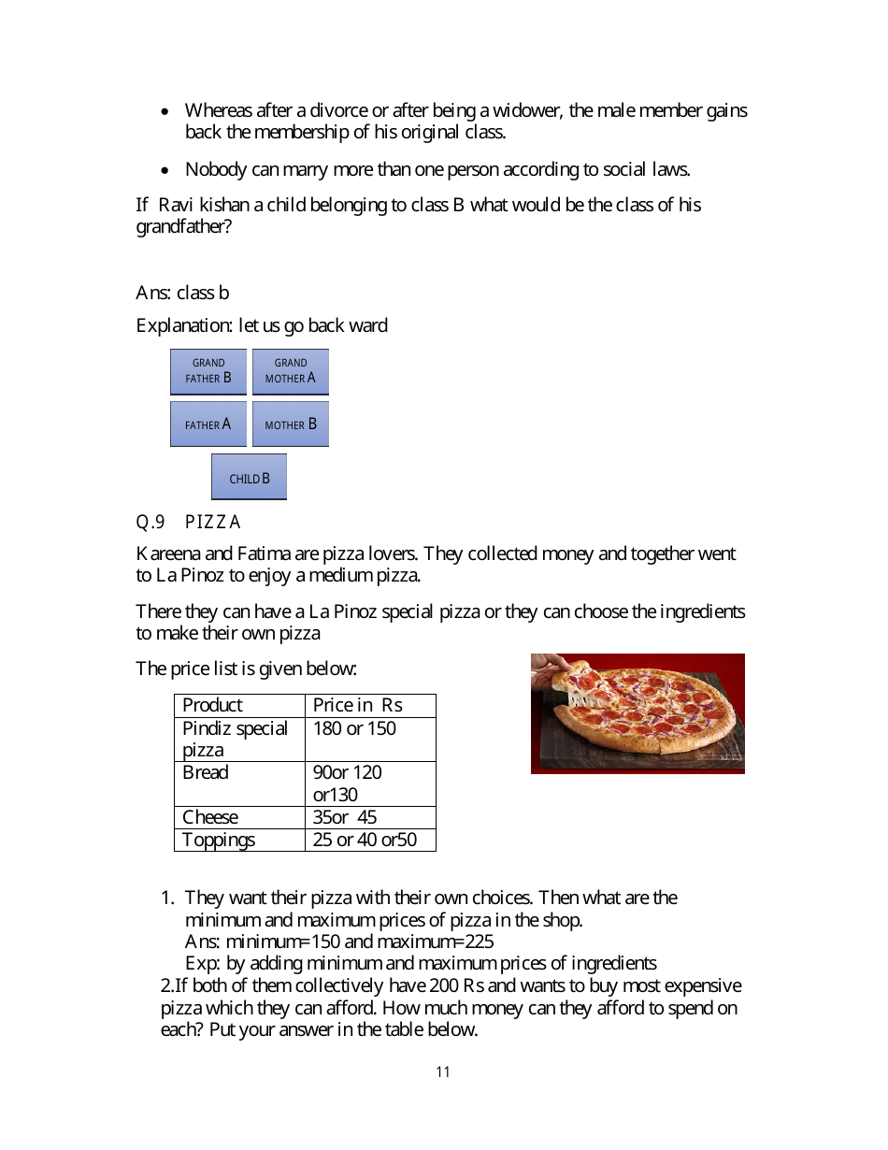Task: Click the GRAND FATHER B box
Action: coord(208,371)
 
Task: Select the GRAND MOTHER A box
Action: coord(291,371)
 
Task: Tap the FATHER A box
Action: coord(208,424)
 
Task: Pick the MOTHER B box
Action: coord(291,424)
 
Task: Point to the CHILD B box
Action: coord(249,478)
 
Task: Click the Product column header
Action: coord(212,705)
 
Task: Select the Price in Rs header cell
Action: coord(357,705)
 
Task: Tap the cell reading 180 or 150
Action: coord(354,728)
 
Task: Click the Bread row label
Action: coord(205,772)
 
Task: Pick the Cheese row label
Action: coord(210,817)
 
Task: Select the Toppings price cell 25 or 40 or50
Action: coord(365,840)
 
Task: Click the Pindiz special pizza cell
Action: coord(235,739)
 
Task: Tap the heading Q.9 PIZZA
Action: coord(189,522)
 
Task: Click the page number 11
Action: coord(443,1071)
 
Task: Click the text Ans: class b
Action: coord(182,293)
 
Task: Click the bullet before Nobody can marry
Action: coord(165,170)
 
